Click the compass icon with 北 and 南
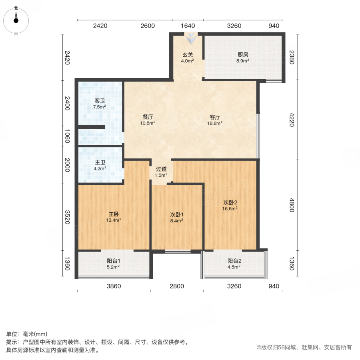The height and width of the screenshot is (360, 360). (x=16, y=20)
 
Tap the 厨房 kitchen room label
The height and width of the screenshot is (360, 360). (x=243, y=55)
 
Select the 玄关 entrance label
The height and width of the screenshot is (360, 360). (x=188, y=55)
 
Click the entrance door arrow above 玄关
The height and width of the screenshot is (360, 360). (x=191, y=38)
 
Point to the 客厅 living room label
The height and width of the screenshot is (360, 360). (x=216, y=117)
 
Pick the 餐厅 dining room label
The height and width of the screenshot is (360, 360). (x=148, y=117)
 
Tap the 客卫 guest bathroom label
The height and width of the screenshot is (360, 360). (x=100, y=101)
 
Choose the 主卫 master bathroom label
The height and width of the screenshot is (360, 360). (x=100, y=162)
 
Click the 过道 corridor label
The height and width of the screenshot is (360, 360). (x=161, y=169)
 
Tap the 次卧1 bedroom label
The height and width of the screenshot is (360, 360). (x=177, y=214)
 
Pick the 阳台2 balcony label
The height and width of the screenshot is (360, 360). (x=234, y=261)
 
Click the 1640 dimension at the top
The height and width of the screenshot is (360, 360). (x=188, y=26)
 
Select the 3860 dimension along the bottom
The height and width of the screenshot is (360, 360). (x=114, y=286)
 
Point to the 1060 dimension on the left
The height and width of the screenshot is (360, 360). (x=67, y=136)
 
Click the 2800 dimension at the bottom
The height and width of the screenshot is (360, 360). (x=177, y=286)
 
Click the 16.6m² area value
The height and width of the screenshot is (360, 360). (x=230, y=208)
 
